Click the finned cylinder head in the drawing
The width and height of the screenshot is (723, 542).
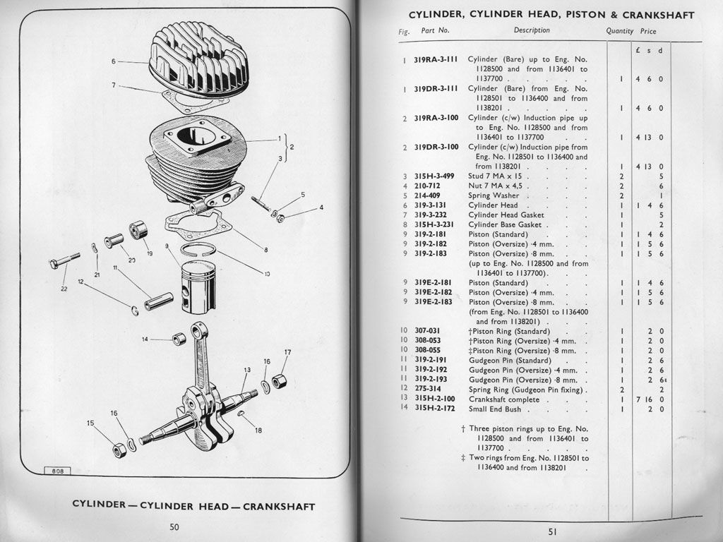coord(198,60)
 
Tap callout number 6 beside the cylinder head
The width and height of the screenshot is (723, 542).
coord(114,61)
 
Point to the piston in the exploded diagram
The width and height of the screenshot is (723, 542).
coord(198,287)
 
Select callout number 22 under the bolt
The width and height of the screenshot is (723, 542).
coord(64,289)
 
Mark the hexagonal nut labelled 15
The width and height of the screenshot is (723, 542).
coord(119,450)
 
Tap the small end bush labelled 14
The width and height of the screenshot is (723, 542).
coord(179,339)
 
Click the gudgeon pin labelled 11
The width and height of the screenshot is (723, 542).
coord(159,301)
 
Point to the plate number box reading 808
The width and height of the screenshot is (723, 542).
coord(58,471)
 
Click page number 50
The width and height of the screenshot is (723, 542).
coord(174,526)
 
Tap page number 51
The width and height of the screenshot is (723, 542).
coord(552,531)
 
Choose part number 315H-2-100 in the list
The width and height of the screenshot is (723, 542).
coord(435,399)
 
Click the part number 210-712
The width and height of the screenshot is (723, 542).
coord(427,186)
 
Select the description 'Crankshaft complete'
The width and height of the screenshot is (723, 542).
coord(504,399)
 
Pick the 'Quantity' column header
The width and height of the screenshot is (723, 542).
coord(620,31)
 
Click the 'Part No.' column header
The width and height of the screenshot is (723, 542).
coord(435,30)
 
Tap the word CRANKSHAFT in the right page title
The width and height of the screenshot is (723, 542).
coord(659,15)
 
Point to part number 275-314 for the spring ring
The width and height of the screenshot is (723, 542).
coord(427,389)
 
